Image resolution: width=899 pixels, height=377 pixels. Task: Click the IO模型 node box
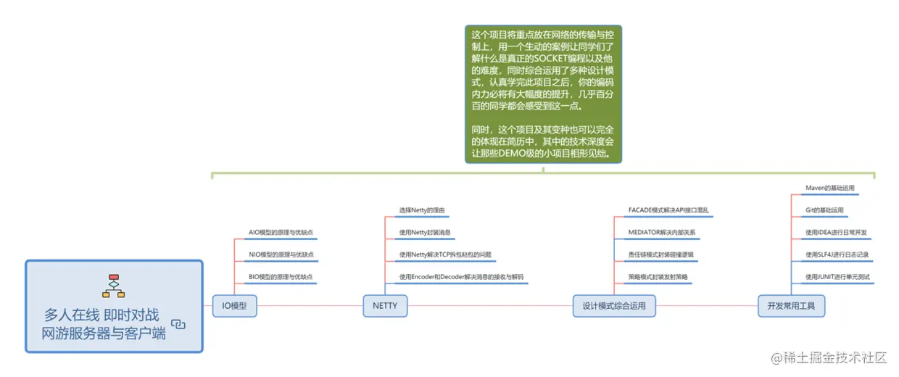tap(234, 306)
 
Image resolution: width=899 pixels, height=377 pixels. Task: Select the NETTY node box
tap(385, 306)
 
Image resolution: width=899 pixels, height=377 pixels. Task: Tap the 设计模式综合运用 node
tap(613, 306)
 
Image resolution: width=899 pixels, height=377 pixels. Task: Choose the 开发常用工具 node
tap(791, 306)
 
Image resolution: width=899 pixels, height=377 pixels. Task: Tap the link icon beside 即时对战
tap(178, 324)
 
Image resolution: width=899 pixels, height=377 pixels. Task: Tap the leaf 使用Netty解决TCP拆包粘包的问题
tap(445, 255)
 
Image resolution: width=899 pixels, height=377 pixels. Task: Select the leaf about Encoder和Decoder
tap(461, 278)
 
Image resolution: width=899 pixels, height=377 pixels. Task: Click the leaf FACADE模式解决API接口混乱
tap(668, 210)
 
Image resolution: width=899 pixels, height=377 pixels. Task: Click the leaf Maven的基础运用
tap(829, 188)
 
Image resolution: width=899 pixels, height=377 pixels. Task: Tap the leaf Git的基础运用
tap(824, 210)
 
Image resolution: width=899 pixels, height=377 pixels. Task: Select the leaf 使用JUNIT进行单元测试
tap(837, 278)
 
